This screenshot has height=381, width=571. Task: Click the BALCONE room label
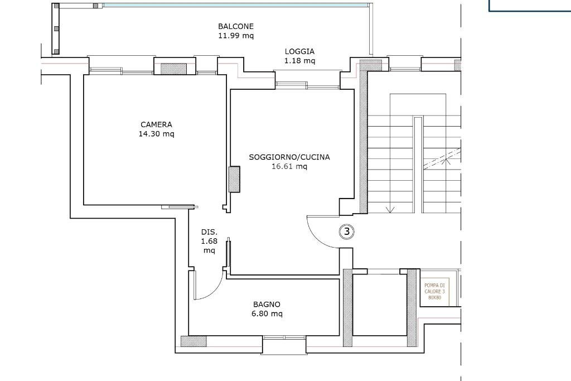tap(235, 26)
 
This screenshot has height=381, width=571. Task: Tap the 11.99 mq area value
tap(235, 35)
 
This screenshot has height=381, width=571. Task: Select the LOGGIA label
tap(299, 51)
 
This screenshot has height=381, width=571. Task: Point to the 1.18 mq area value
tap(299, 60)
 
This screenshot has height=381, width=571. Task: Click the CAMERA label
tap(156, 124)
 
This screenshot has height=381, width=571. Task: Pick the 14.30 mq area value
tap(156, 134)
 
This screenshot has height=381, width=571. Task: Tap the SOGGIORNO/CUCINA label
tap(289, 157)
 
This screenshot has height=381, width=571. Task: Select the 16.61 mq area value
tap(289, 166)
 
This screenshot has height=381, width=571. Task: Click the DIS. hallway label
tap(209, 232)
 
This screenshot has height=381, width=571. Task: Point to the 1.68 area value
tap(209, 242)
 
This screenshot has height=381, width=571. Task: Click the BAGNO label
tap(267, 305)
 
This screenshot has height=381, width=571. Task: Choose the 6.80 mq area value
tap(267, 314)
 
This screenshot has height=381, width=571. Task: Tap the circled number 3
tap(346, 231)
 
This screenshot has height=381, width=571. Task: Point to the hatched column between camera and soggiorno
tap(234, 180)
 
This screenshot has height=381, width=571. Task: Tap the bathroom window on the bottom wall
tap(284, 337)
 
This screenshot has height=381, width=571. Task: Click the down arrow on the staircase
tap(390, 209)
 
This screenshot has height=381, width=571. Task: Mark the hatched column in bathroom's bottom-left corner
tap(193, 341)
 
